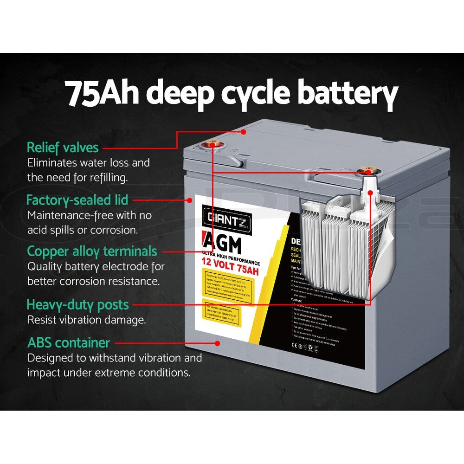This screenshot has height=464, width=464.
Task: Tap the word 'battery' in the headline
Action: tap(347, 94)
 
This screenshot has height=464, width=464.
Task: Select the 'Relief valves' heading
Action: tap(63, 148)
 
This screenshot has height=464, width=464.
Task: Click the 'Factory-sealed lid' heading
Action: tap(77, 200)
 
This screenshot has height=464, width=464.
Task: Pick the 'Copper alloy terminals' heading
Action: tap(92, 251)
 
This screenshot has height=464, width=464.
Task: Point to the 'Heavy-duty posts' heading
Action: tap(77, 305)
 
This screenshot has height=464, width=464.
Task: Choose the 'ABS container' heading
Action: tap(69, 343)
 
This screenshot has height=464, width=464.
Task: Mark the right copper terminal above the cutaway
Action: tap(369, 172)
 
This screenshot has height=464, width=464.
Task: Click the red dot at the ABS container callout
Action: tap(217, 343)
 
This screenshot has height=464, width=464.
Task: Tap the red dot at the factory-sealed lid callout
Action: tap(189, 200)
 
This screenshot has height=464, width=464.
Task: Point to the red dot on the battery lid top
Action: tap(243, 132)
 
